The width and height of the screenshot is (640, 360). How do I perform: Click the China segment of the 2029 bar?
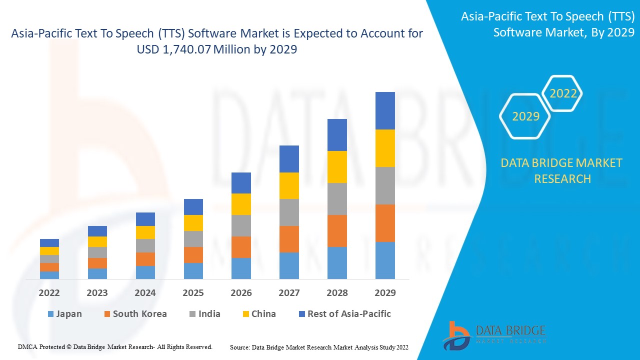click(385, 148)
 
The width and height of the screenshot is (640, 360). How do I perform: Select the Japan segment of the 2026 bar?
click(241, 268)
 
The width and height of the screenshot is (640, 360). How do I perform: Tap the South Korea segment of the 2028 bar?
click(337, 231)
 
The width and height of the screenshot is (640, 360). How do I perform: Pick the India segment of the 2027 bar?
click(289, 212)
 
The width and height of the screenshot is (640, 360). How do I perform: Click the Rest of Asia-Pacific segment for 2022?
click(49, 243)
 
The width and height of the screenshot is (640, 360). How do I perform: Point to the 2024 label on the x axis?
click(145, 293)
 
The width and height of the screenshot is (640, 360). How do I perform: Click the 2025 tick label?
click(193, 293)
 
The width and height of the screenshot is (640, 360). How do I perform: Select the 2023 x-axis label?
click(97, 293)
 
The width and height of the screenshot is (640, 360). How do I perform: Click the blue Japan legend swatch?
click(50, 314)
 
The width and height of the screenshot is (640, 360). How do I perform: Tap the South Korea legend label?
click(139, 314)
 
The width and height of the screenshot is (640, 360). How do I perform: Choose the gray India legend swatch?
click(192, 314)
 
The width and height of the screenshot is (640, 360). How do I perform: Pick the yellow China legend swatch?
click(245, 314)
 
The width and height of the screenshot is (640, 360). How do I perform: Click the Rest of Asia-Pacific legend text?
click(349, 314)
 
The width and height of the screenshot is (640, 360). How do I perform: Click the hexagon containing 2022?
click(563, 93)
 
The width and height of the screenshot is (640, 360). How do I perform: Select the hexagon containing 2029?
click(525, 116)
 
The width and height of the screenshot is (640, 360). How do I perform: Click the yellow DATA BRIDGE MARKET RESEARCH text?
click(562, 170)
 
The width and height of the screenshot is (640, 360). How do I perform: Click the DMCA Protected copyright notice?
click(115, 346)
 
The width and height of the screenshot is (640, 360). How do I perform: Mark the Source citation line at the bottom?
click(319, 347)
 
